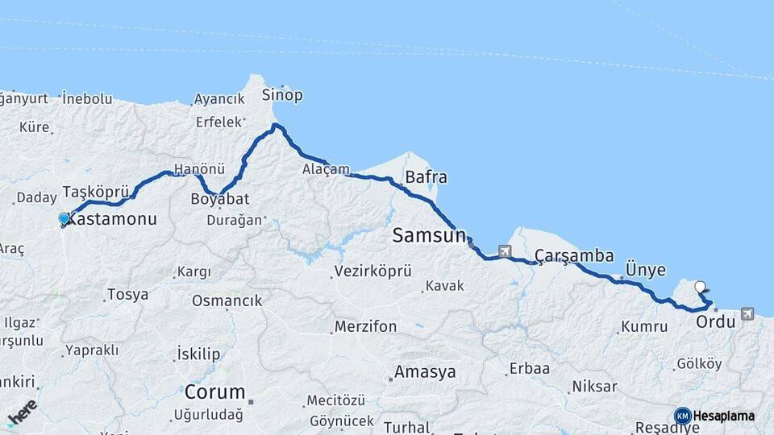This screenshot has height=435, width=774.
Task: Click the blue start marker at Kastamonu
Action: [64, 218]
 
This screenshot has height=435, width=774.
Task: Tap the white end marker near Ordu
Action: [700, 285]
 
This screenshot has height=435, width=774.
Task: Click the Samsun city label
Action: [429, 235]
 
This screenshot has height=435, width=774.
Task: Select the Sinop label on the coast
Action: [282, 95]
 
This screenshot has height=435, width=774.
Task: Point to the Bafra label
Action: [426, 176]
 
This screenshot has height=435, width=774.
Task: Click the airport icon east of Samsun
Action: [506, 251]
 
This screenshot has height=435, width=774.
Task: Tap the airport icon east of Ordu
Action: [747, 313]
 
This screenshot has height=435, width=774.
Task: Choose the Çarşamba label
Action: [574, 255]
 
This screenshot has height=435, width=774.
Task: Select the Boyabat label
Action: [220, 198]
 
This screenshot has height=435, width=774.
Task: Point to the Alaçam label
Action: [326, 169]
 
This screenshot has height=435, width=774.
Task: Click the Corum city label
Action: [214, 392]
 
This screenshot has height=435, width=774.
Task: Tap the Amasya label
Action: [424, 372]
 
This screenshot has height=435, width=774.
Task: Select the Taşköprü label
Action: [96, 193]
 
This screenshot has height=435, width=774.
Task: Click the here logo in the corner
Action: [22, 412]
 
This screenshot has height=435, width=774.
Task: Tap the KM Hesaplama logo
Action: [714, 416]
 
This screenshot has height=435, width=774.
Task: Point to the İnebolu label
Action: [87, 98]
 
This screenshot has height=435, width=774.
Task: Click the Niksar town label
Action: [594, 387]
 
